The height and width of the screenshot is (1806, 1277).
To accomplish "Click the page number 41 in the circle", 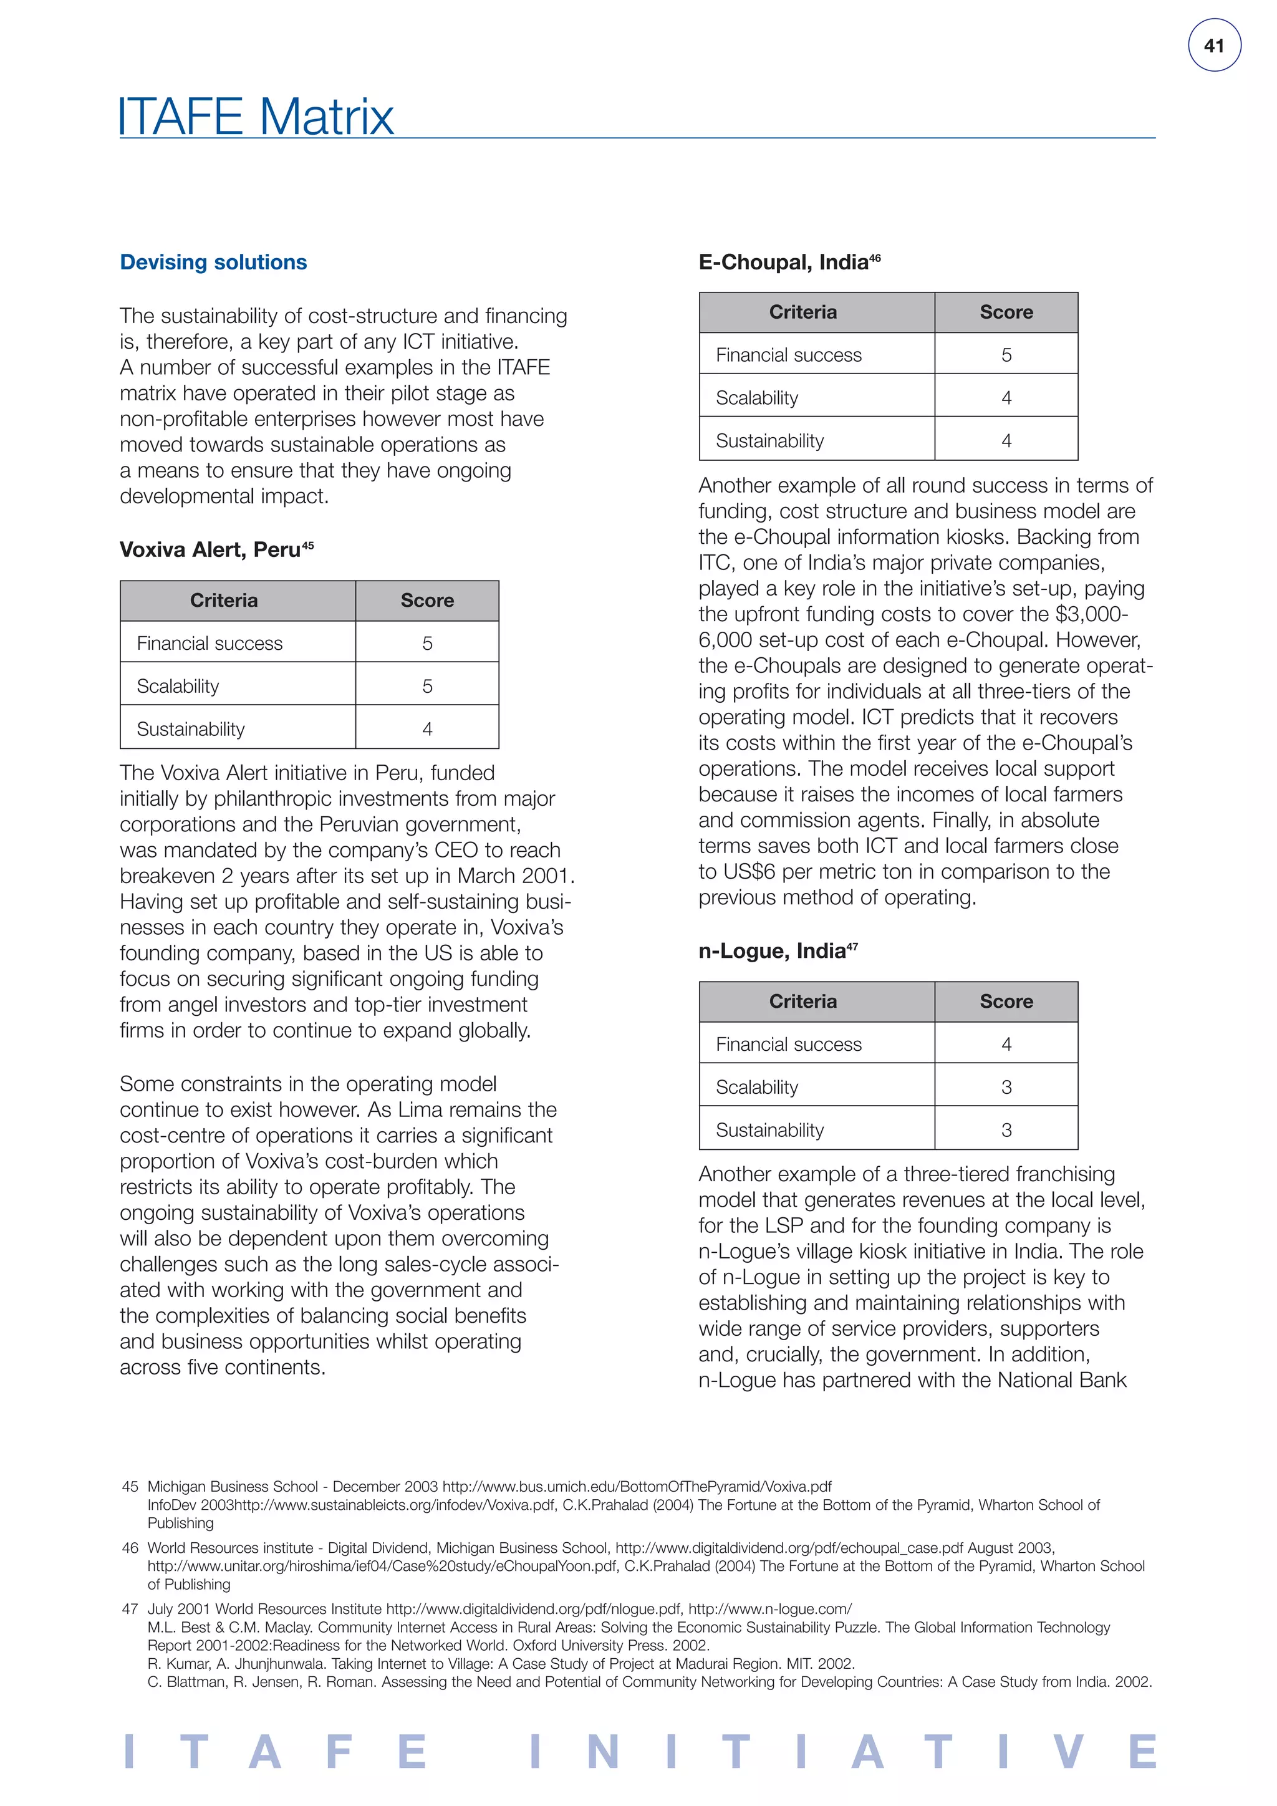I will (x=1213, y=46).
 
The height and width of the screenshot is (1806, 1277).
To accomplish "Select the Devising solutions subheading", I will (x=213, y=262).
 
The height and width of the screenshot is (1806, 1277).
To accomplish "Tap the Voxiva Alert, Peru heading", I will (x=210, y=549).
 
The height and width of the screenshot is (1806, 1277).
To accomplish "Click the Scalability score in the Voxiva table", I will (x=427, y=686).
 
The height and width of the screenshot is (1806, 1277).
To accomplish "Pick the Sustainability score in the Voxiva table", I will (x=427, y=729).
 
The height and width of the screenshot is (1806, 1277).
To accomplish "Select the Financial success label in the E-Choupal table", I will (x=788, y=355).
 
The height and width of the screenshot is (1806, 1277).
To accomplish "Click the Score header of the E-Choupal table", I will (x=1006, y=312).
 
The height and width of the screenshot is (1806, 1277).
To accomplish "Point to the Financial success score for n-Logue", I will (x=1006, y=1044).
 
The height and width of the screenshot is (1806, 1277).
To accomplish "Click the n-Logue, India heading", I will (x=771, y=951).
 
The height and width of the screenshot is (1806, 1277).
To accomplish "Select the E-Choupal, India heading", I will (x=783, y=262).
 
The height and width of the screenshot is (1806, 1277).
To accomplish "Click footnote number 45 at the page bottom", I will (x=130, y=1487).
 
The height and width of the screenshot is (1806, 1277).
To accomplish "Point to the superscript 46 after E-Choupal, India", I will (x=875, y=257).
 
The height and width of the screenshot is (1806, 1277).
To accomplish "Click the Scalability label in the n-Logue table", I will (x=756, y=1087).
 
